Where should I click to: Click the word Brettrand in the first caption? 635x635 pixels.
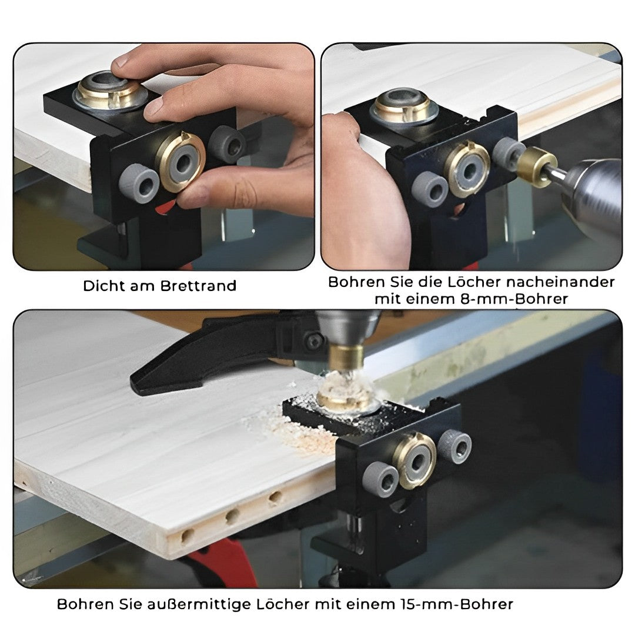[199, 286]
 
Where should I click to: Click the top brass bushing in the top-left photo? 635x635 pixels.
[111, 91]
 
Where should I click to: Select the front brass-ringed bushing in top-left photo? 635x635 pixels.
[181, 160]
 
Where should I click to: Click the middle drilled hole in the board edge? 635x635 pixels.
[232, 516]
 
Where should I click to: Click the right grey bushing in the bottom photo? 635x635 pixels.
[454, 446]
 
